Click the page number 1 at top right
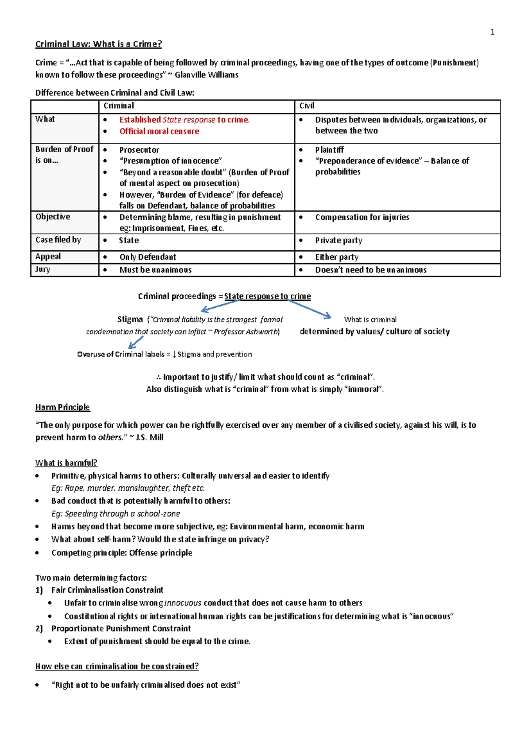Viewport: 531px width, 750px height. (x=492, y=32)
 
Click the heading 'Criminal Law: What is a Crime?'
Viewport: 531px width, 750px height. (x=98, y=44)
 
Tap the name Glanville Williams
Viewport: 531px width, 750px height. (x=206, y=75)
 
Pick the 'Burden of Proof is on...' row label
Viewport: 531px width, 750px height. (x=64, y=154)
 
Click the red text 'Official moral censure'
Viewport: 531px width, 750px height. (x=159, y=131)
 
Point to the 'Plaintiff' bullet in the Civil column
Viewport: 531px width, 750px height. (x=329, y=150)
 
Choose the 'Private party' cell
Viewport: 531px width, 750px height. (x=339, y=241)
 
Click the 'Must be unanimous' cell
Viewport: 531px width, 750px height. (x=155, y=270)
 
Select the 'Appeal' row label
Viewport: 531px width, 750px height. (x=48, y=256)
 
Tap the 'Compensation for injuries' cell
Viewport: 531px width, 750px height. (x=362, y=217)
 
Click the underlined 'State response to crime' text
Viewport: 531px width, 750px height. (x=267, y=296)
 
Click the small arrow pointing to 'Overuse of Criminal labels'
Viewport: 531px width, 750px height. (x=136, y=342)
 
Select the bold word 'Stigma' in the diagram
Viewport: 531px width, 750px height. (x=130, y=319)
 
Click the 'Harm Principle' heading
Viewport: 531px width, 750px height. (x=62, y=407)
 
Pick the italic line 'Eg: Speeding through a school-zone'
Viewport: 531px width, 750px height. (x=115, y=514)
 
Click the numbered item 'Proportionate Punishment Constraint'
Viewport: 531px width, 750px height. (x=121, y=628)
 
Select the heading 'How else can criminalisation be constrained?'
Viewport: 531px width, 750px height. (x=117, y=666)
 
